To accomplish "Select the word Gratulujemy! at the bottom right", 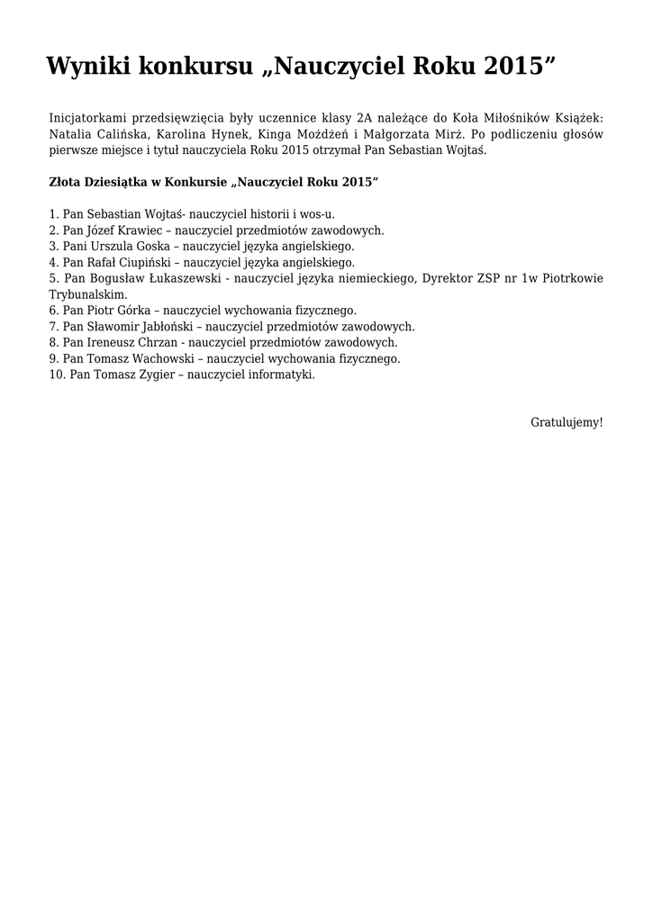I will [x=567, y=421].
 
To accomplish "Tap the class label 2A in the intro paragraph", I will [x=364, y=118].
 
